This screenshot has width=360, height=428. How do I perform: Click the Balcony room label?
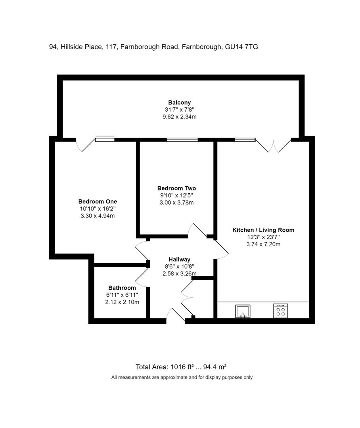coord(180,103)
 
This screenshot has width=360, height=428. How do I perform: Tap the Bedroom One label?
coord(98,201)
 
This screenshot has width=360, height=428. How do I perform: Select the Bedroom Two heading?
coord(176,188)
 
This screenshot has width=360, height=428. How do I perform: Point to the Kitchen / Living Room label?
coord(263,230)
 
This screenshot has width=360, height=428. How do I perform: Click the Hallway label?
coord(180,259)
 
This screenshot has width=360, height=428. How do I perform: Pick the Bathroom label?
coord(122,288)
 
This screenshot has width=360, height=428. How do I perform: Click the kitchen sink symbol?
coord(243,311)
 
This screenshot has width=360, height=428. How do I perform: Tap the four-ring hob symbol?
coord(281,311)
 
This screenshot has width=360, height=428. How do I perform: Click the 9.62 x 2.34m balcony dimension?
coord(180,117)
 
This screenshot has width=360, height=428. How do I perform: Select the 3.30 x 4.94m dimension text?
coord(98,216)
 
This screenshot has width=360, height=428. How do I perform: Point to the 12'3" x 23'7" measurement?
coord(263,237)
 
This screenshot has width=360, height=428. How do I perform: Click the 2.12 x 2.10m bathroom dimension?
coord(122,302)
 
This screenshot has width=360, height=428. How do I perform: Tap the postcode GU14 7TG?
coord(241,47)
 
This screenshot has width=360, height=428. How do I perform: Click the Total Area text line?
coord(181,367)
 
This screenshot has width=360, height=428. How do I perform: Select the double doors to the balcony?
coord(273,146)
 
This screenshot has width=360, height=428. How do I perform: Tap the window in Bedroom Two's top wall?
coord(182,140)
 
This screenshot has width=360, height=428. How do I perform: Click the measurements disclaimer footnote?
coord(182,378)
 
